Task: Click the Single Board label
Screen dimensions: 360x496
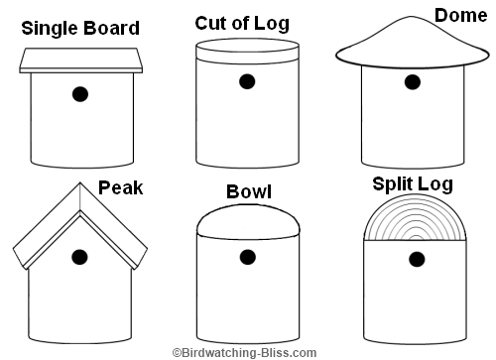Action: (80, 28)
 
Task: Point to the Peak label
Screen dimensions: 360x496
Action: (121, 187)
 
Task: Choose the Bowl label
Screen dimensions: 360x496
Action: (249, 190)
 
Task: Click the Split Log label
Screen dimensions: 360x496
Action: (412, 183)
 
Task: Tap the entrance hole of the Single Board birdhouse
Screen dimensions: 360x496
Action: (80, 94)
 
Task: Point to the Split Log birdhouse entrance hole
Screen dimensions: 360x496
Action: (417, 259)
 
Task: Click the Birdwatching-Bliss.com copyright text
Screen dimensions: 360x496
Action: (244, 352)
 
